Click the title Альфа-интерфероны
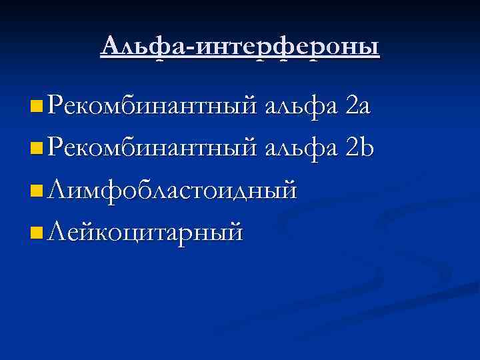tap(240, 47)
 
